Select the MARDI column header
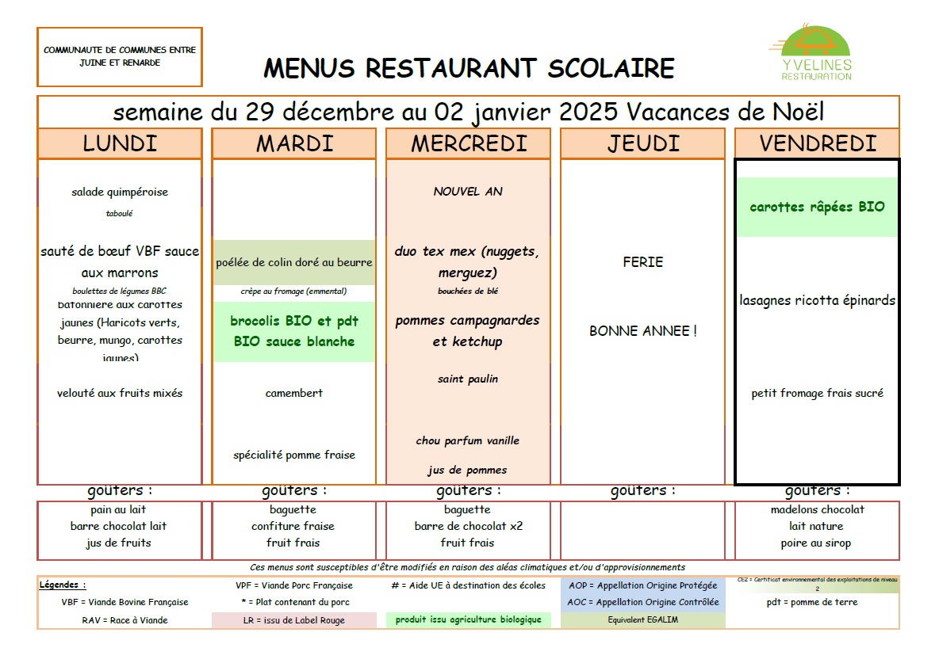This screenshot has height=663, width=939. pyautogui.click(x=293, y=143)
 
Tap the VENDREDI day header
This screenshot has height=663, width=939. pyautogui.click(x=817, y=143)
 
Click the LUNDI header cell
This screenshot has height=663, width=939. pyautogui.click(x=120, y=143)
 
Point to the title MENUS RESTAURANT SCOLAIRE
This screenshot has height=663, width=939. pyautogui.click(x=469, y=68)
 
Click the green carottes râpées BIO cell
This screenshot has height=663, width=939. pyautogui.click(x=817, y=207)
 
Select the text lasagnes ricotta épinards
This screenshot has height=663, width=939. pyautogui.click(x=817, y=300)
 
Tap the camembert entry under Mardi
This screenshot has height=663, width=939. pyautogui.click(x=293, y=393)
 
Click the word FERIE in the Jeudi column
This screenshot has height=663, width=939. pyautogui.click(x=642, y=262)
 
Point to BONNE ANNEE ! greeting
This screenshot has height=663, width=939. pyautogui.click(x=642, y=331)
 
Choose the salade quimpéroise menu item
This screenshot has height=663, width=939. pyautogui.click(x=120, y=192)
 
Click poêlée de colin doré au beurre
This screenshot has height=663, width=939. pyautogui.click(x=293, y=262)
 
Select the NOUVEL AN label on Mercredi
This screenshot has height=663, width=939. pyautogui.click(x=468, y=191)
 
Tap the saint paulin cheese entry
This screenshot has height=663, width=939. pyautogui.click(x=468, y=379)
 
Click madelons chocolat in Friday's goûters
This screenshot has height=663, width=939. pyautogui.click(x=817, y=509)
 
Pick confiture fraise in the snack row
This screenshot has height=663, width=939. pyautogui.click(x=293, y=526)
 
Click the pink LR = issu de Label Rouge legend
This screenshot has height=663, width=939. pyautogui.click(x=293, y=620)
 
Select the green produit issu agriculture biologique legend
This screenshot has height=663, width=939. pyautogui.click(x=468, y=619)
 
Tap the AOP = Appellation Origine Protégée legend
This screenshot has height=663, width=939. pyautogui.click(x=642, y=585)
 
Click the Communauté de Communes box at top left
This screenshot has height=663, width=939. pyautogui.click(x=120, y=56)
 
